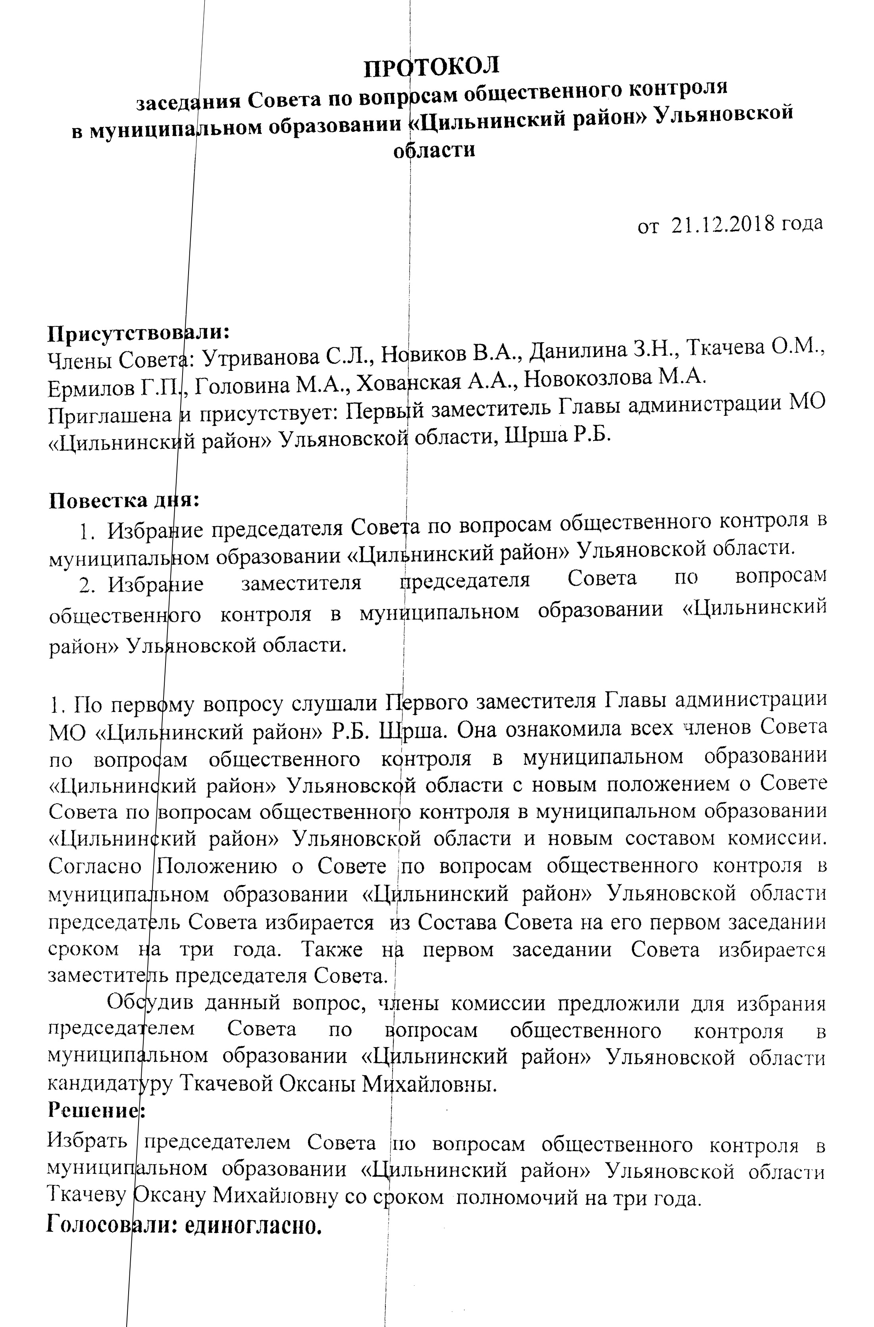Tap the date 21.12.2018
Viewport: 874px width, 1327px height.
(723, 225)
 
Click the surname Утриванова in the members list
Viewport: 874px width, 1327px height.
(254, 357)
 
